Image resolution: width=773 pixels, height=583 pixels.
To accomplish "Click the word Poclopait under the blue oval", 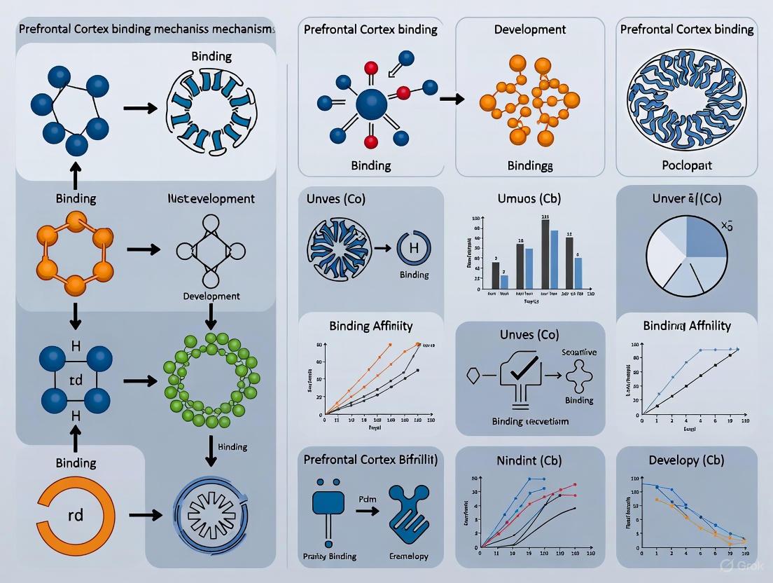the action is coord(686,166).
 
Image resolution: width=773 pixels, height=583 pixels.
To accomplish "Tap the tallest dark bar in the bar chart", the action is coord(545,254).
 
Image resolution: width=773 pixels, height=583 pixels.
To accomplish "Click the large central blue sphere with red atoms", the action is coord(371,106).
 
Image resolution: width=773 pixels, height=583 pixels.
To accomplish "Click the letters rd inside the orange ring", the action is coord(76,515).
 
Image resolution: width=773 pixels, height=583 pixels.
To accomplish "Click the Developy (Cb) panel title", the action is coord(686,460).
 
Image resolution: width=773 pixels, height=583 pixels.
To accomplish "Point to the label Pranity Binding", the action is coord(330,556).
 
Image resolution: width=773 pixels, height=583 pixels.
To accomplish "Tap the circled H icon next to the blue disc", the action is coord(413,249).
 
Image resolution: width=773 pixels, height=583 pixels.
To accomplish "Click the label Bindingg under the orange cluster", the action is coord(530,166).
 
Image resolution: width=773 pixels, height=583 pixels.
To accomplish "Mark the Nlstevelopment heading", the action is coord(211,199).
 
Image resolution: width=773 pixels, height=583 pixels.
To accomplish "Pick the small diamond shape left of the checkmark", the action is coord(473,376).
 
